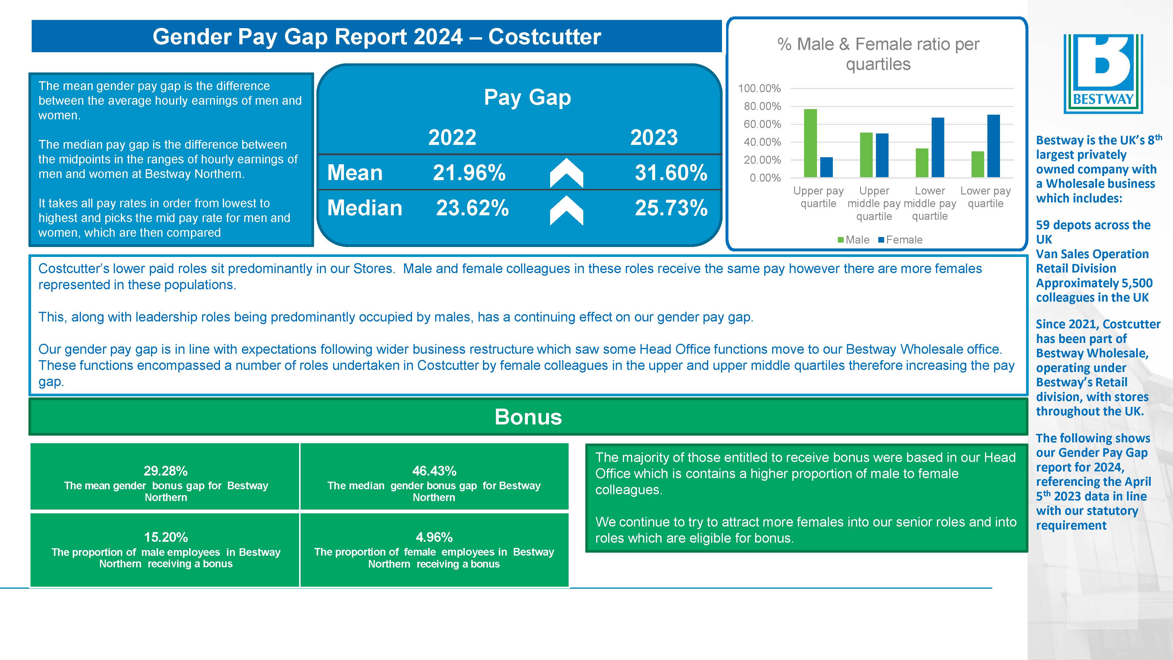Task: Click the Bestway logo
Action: [1103, 74]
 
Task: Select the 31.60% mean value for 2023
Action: [671, 173]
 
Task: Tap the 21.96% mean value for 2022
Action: [469, 173]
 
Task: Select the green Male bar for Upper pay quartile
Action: [811, 143]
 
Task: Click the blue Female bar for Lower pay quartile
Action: [993, 146]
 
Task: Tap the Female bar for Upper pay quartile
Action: [826, 167]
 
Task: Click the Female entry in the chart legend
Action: [900, 240]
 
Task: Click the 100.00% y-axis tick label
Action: [759, 88]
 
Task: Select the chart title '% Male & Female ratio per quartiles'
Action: [878, 54]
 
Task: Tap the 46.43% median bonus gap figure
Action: [434, 471]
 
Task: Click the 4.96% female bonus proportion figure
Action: [434, 537]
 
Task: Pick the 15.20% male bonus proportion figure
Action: [166, 537]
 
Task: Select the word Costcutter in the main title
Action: [544, 36]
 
